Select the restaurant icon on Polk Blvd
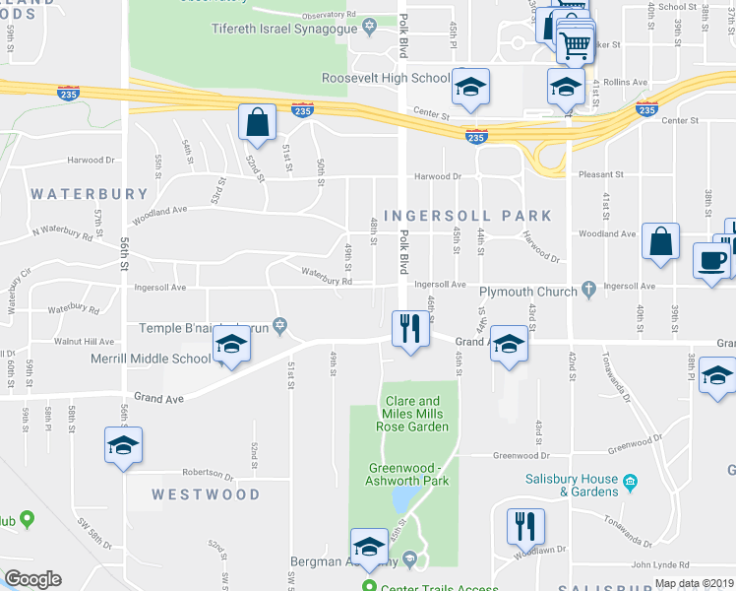tap(409, 328)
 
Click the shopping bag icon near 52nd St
tap(257, 124)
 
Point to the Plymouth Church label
tap(527, 292)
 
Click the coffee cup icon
tap(711, 262)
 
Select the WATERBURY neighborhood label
tap(90, 194)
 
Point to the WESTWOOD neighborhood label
tap(206, 494)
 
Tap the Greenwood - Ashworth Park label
tap(408, 474)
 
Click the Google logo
tap(32, 579)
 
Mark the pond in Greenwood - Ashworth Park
tap(401, 501)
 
